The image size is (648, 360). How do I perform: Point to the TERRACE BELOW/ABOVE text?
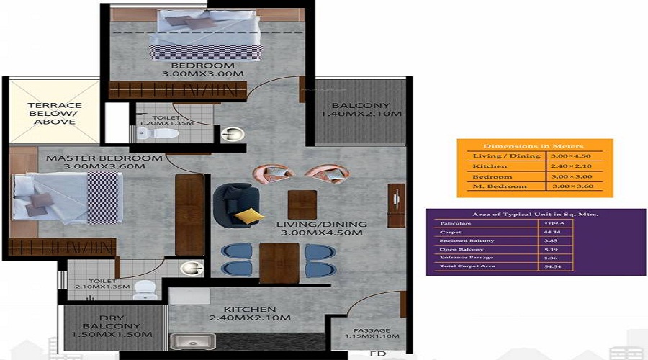(55, 113)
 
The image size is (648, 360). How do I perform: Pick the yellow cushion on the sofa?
(248, 215)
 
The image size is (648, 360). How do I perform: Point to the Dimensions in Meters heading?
(534, 145)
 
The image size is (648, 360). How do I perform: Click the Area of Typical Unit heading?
(535, 214)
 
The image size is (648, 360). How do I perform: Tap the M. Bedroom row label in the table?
(492, 186)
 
